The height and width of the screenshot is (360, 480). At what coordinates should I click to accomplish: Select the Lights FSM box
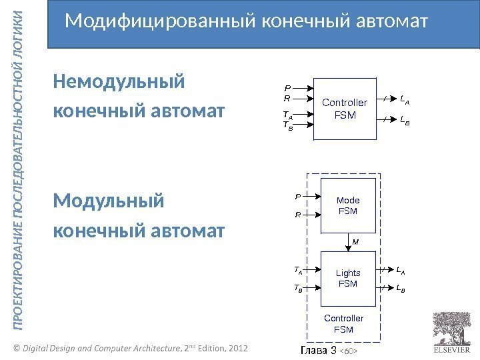coord(348,278)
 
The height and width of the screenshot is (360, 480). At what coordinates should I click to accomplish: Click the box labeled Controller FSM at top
coord(345,108)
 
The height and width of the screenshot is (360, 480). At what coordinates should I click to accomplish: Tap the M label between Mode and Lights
coord(355,242)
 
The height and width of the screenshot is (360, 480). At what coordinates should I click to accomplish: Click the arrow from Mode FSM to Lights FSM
coord(348,242)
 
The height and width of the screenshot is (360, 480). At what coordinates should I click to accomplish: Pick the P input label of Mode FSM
coord(297,197)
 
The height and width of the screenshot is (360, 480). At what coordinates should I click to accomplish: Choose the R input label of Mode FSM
coord(297,215)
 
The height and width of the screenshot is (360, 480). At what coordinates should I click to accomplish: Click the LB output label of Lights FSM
coord(401,289)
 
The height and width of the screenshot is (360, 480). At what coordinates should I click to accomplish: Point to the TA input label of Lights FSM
coord(298,271)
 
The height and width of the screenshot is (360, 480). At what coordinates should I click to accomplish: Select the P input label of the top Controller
coord(287,87)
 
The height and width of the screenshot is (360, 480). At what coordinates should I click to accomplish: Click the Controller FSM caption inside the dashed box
coord(343,324)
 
